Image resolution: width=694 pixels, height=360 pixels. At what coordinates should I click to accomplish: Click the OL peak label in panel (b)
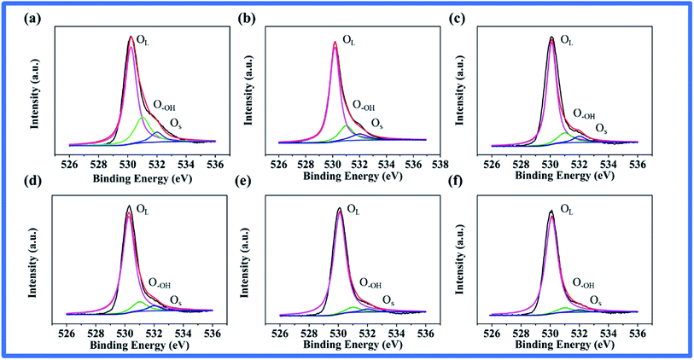[349, 39]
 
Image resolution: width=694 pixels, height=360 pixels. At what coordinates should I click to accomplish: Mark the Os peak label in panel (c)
[601, 129]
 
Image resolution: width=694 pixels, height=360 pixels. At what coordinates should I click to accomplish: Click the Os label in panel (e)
[388, 300]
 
